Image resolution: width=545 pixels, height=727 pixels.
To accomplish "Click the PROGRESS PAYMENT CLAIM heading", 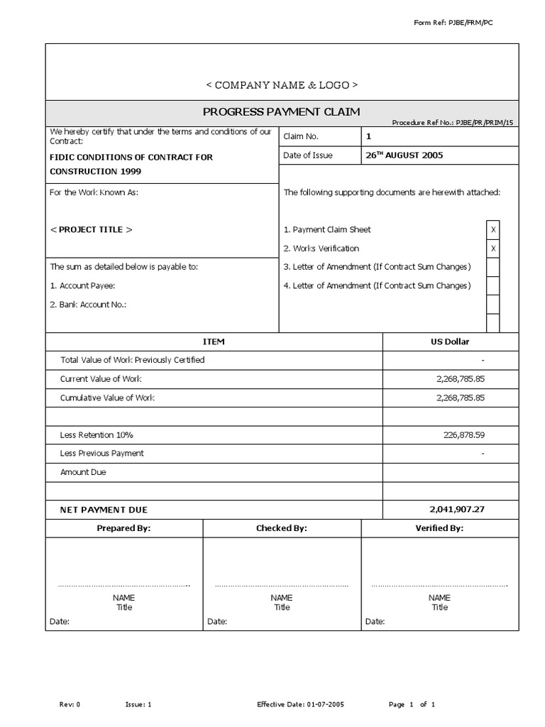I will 282,111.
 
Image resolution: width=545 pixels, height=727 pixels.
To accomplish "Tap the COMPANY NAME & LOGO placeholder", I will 282,85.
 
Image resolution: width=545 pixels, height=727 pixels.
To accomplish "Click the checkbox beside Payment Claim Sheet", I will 493,230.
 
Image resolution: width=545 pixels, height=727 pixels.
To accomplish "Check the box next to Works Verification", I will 493,248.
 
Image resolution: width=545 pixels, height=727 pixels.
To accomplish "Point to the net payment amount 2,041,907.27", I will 457,509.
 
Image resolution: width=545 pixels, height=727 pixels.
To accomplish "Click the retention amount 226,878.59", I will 464,434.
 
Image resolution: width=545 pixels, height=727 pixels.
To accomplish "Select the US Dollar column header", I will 449,341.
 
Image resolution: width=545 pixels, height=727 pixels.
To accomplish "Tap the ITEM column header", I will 214,341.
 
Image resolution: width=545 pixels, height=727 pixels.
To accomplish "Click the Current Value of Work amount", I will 461,379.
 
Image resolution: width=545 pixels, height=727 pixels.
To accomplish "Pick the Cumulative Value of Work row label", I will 107,398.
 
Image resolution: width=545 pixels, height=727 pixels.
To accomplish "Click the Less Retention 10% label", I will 97,434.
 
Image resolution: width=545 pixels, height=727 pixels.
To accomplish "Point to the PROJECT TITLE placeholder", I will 91,230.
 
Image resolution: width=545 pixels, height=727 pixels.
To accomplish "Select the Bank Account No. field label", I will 88,305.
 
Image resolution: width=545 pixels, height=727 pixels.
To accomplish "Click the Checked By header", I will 282,528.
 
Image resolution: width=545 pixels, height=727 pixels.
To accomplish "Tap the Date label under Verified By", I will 375,622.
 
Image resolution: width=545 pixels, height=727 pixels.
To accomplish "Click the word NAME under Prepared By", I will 124,598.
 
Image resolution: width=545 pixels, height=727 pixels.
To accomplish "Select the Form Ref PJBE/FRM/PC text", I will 453,23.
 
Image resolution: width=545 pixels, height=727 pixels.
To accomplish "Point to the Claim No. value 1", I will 368,136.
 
